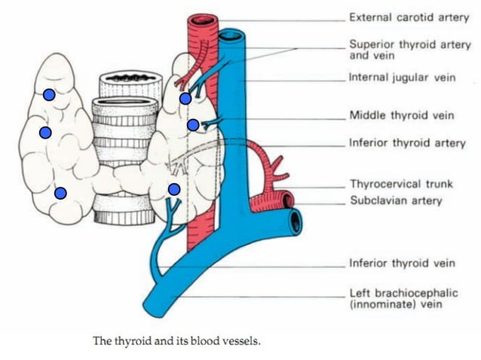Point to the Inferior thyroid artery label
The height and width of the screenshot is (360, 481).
(406, 142)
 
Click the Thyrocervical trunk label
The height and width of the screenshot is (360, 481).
(400, 184)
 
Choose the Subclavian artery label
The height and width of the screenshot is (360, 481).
(395, 201)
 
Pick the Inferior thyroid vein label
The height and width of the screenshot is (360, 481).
(402, 264)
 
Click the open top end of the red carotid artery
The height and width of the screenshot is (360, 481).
(204, 21)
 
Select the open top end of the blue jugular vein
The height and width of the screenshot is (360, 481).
(233, 35)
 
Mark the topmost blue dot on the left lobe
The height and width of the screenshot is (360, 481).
(48, 95)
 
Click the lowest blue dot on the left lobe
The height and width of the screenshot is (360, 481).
(60, 193)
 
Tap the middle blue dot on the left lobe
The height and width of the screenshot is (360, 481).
(44, 133)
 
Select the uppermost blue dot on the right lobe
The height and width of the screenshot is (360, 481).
(185, 99)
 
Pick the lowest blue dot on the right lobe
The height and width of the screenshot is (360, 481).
(173, 188)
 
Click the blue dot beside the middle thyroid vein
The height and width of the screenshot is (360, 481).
(192, 125)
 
